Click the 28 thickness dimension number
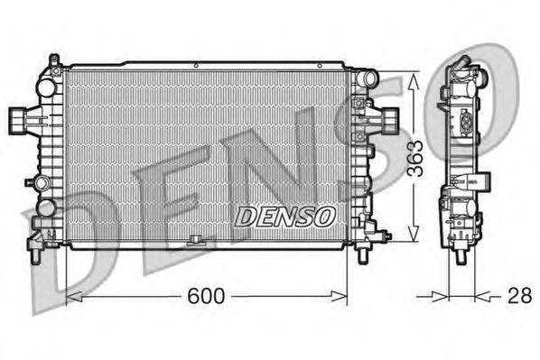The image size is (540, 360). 518,296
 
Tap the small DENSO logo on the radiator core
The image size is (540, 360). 285,217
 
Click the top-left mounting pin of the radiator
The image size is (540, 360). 54,61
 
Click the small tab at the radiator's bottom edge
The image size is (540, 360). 194,240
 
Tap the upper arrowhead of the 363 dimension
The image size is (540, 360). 414,79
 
